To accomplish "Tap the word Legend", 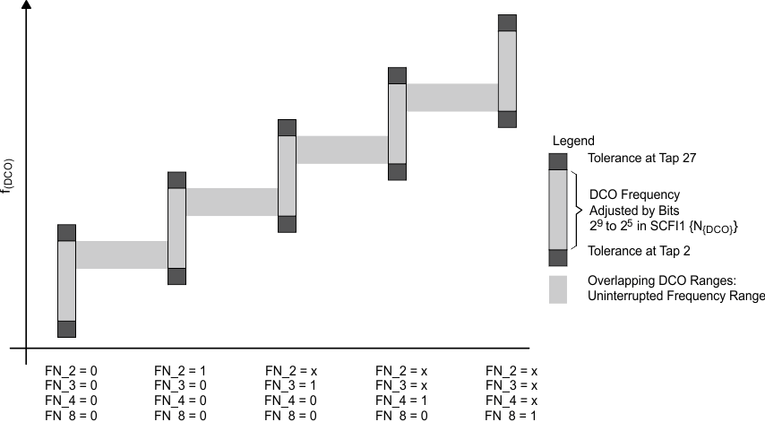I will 573,142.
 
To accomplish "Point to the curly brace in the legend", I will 578,209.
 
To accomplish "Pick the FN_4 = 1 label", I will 401,399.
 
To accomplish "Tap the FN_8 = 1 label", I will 511,415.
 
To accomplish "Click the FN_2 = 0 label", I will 71,369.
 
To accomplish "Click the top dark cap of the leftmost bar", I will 67,233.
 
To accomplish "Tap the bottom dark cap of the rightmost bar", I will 508,119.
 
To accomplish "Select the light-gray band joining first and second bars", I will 122,254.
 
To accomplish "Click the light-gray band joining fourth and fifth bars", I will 452,97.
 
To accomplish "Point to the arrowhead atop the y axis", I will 27,5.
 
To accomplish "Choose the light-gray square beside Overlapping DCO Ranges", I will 558,288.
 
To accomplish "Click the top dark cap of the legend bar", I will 558,161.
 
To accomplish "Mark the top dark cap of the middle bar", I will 287,127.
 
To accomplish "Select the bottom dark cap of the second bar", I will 176,276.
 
